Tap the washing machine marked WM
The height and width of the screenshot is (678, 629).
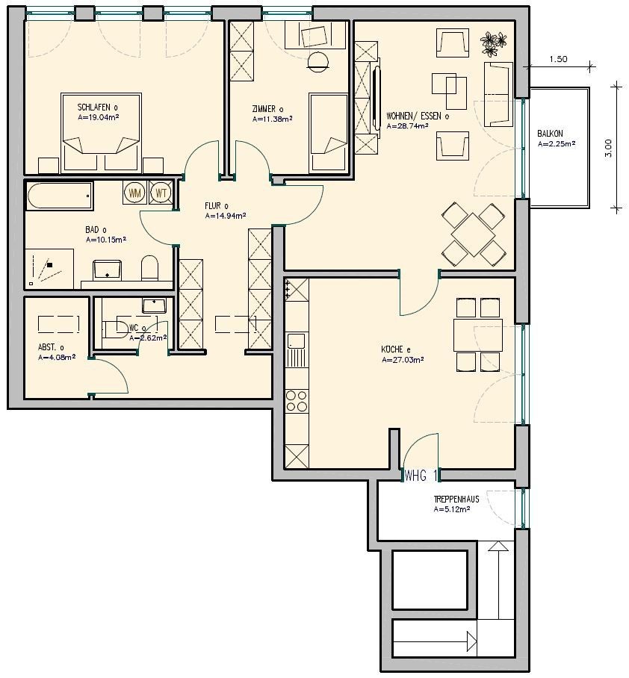(135, 193)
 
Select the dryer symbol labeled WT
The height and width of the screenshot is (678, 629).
(161, 193)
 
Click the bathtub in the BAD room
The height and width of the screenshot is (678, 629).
(60, 196)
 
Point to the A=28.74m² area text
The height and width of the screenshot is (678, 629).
(408, 126)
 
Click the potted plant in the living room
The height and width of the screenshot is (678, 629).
(493, 44)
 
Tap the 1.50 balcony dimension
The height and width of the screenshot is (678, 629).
(558, 59)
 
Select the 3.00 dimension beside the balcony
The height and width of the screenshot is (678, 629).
(608, 148)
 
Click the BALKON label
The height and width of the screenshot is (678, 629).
(551, 134)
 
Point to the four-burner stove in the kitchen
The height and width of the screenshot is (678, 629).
(297, 401)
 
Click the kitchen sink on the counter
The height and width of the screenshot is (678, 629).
(297, 340)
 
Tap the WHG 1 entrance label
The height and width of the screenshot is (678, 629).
(421, 476)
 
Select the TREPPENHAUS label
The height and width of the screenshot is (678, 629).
(456, 499)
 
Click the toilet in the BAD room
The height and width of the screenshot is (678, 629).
(149, 267)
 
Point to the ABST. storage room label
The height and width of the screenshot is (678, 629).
(51, 347)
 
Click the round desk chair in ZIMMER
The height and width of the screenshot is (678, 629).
(318, 61)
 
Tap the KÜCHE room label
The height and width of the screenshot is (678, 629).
(396, 349)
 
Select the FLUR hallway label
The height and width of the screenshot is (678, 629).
(217, 206)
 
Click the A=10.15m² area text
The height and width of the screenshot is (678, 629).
(106, 240)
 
